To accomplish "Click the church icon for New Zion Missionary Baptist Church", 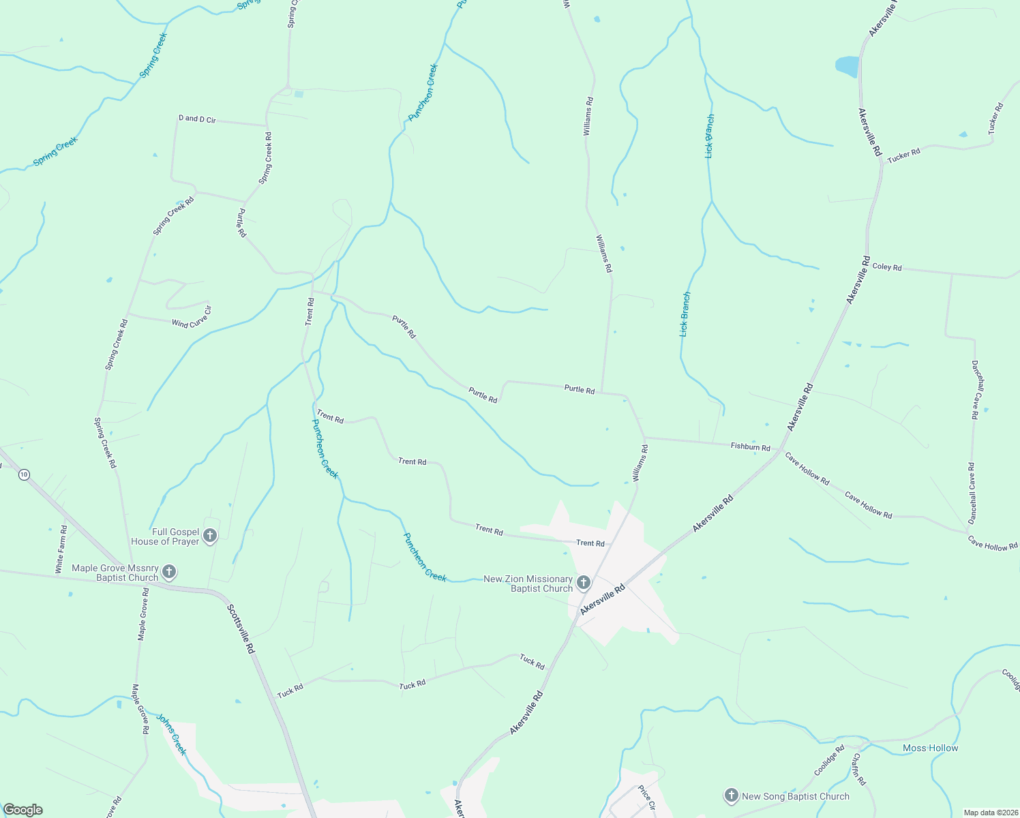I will click(583, 583).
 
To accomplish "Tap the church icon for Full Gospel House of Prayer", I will click(210, 536).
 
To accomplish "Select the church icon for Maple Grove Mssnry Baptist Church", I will click(168, 572).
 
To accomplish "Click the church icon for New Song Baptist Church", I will click(731, 796).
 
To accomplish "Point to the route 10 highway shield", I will click(24, 474).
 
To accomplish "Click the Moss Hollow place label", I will click(930, 748).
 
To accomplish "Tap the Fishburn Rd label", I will click(750, 447).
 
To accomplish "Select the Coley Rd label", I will click(887, 267).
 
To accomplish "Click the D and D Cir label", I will click(197, 119).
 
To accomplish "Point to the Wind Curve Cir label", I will click(192, 318).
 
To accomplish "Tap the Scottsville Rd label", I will click(240, 629).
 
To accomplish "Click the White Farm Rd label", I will click(61, 549).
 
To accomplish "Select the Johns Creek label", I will click(171, 734).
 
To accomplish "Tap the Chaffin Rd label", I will click(858, 769).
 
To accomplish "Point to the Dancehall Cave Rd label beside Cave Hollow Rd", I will click(972, 493).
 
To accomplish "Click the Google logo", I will click(22, 810).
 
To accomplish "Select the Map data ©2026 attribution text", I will click(989, 813).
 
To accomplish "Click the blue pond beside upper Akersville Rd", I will click(847, 67).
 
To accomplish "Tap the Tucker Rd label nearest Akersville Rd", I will click(903, 155).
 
